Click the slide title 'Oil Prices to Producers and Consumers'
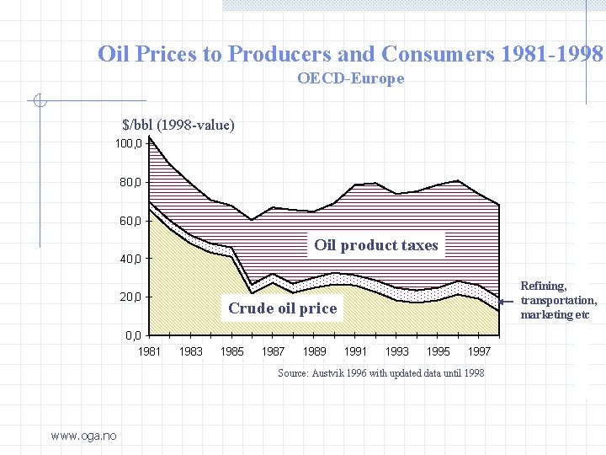click(350, 55)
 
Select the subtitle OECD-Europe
click(350, 79)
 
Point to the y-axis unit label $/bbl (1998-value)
click(178, 126)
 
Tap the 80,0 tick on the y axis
click(130, 182)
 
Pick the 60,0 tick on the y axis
click(130, 221)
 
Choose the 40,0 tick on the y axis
click(130, 259)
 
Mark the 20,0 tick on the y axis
click(130, 297)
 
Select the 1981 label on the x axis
click(150, 351)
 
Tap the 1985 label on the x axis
click(232, 351)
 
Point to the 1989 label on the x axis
click(315, 351)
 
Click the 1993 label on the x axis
click(397, 351)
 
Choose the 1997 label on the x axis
click(480, 351)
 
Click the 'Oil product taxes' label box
click(376, 245)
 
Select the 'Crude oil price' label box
click(282, 308)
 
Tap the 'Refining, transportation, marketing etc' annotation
click(558, 301)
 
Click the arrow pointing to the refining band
click(507, 301)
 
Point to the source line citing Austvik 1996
click(380, 373)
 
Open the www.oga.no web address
click(83, 435)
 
